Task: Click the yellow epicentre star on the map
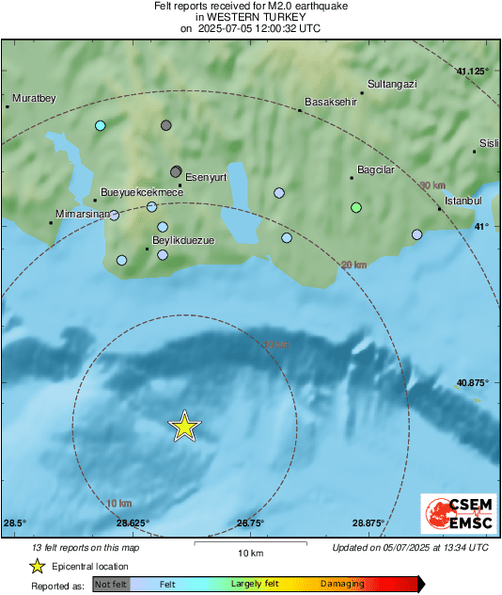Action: [x=185, y=427]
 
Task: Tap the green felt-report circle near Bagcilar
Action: [x=355, y=207]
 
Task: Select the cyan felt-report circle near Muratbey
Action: [x=100, y=125]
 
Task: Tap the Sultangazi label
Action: [x=392, y=84]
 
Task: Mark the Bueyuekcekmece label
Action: [x=141, y=192]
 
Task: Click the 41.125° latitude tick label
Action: [x=473, y=72]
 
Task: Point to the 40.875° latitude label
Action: [x=473, y=383]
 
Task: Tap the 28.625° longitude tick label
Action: [x=132, y=523]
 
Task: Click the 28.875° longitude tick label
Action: [x=368, y=523]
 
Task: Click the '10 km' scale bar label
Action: [x=249, y=552]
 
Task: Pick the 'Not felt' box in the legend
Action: [x=109, y=585]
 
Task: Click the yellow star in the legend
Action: [x=37, y=567]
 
